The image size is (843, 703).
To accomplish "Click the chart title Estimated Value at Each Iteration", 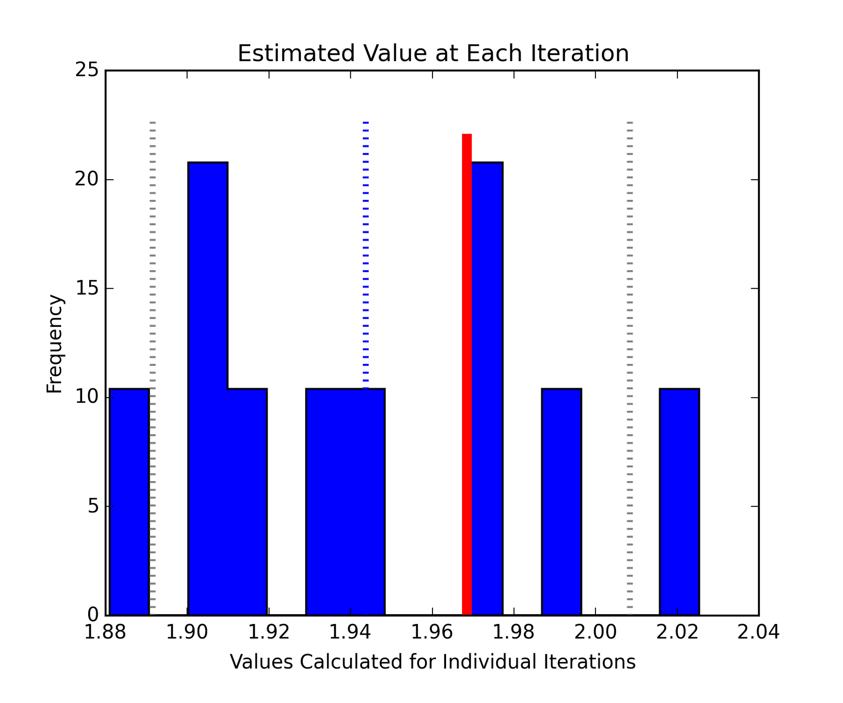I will (x=433, y=54).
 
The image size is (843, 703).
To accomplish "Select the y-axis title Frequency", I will (x=55, y=344).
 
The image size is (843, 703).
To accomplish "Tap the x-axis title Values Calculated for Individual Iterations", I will (x=432, y=662).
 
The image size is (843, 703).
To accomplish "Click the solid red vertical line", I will (x=466, y=373).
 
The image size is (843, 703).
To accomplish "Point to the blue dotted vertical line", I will (x=366, y=255).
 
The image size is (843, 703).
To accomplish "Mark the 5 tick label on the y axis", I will (x=93, y=506).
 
